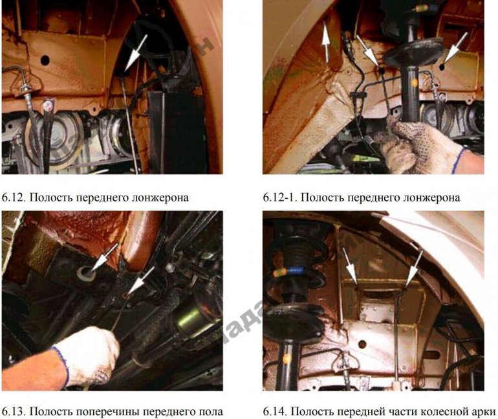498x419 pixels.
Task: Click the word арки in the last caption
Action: pos(484,411)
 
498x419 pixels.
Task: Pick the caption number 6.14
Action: pos(274,411)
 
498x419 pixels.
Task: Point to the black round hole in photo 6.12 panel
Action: pos(45,60)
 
